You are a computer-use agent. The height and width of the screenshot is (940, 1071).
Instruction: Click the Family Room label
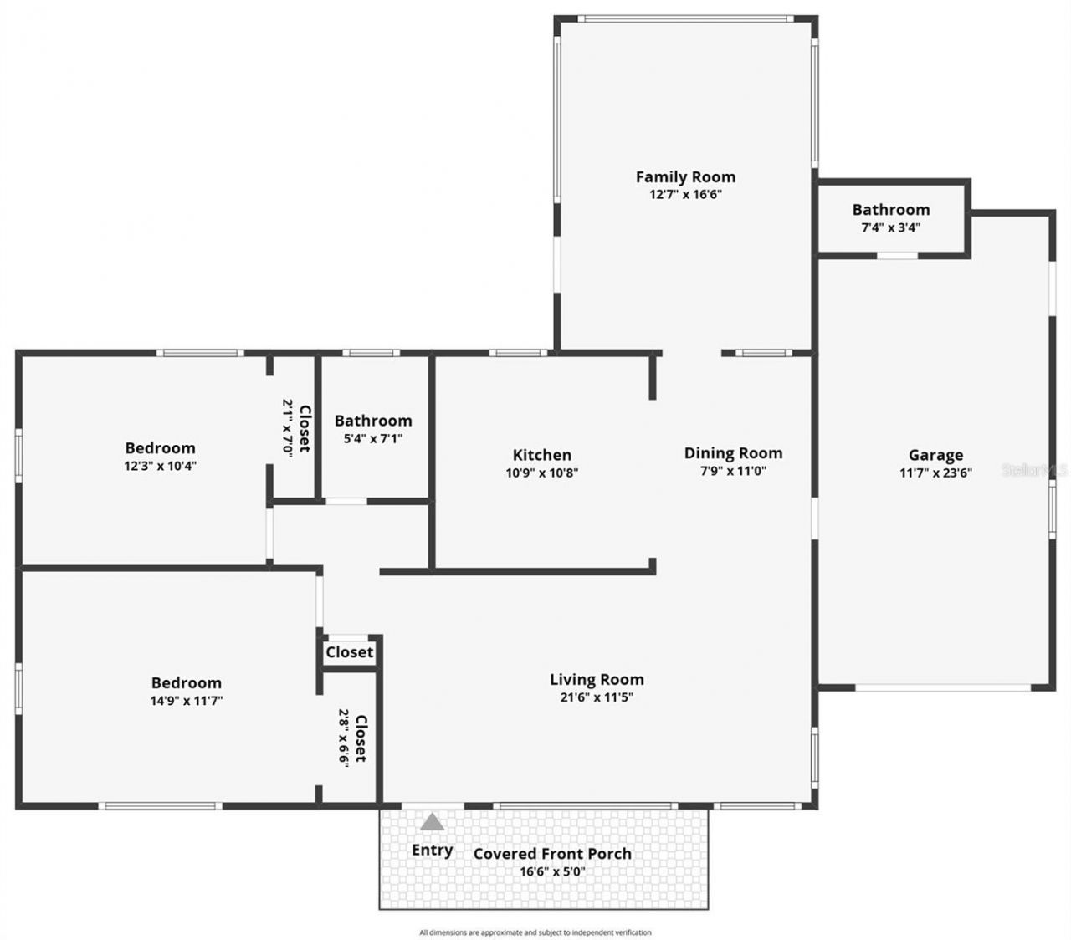(685, 176)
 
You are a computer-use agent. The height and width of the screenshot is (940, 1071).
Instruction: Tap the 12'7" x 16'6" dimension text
(685, 195)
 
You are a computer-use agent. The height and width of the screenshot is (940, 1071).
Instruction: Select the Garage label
(935, 455)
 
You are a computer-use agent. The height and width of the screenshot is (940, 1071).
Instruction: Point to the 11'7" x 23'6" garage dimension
(935, 473)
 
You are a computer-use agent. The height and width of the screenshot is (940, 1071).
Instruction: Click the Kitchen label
(542, 455)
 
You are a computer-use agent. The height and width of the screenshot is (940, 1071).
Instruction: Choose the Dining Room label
(733, 453)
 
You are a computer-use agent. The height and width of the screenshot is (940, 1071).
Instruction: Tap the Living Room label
(597, 679)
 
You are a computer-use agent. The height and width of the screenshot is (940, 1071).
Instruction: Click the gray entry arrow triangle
(432, 822)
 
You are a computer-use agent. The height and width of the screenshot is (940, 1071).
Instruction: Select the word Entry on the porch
(432, 850)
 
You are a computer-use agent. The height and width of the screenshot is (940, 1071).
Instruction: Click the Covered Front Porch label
(552, 854)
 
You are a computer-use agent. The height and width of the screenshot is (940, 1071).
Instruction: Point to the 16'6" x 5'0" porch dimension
(552, 872)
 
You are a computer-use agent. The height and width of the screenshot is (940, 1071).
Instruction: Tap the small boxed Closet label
(349, 652)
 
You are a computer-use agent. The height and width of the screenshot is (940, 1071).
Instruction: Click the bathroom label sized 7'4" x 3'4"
(890, 210)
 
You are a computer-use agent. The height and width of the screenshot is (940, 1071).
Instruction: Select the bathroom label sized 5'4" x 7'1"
(373, 421)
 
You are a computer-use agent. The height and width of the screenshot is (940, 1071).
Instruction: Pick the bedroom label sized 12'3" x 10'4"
(160, 448)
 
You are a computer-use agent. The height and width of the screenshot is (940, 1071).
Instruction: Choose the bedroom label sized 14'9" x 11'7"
(186, 683)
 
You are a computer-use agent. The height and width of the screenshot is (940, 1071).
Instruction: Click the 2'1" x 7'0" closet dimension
(287, 427)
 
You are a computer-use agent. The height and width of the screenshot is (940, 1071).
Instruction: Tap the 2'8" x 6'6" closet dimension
(343, 738)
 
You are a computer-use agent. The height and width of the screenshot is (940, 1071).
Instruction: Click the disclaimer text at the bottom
(535, 932)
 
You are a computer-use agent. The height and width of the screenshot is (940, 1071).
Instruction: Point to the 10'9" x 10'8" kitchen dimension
(542, 473)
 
